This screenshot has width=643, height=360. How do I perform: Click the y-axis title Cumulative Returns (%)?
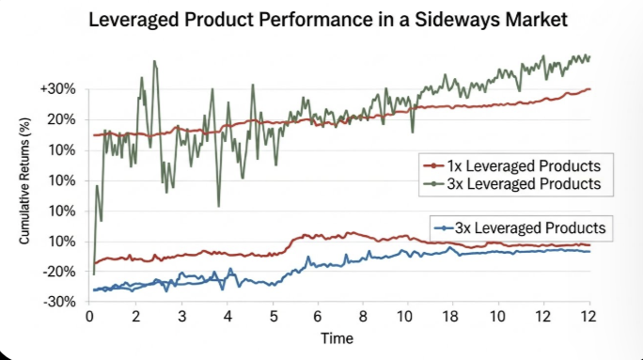click(24, 180)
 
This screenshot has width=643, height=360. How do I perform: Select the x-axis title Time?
click(337, 338)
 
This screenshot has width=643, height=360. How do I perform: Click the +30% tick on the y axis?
click(58, 89)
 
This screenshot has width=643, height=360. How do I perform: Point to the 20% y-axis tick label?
click(62, 119)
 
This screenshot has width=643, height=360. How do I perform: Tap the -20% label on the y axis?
click(59, 272)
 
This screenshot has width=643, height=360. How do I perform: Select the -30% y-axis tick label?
click(59, 302)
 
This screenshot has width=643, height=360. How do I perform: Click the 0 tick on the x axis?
click(89, 317)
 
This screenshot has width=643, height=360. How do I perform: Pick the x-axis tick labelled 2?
click(135, 317)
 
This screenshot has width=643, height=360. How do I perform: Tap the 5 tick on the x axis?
click(274, 317)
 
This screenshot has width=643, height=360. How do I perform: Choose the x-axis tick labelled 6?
click(318, 317)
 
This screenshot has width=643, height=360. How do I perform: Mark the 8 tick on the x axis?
click(363, 317)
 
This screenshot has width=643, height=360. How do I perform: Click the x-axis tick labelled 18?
click(450, 317)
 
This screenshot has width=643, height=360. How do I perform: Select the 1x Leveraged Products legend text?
click(524, 166)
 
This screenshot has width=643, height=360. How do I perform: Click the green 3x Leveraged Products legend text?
click(524, 183)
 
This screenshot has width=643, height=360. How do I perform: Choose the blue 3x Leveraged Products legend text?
click(530, 228)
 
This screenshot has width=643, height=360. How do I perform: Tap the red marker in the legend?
click(433, 166)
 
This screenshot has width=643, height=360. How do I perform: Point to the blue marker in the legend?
click(444, 228)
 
